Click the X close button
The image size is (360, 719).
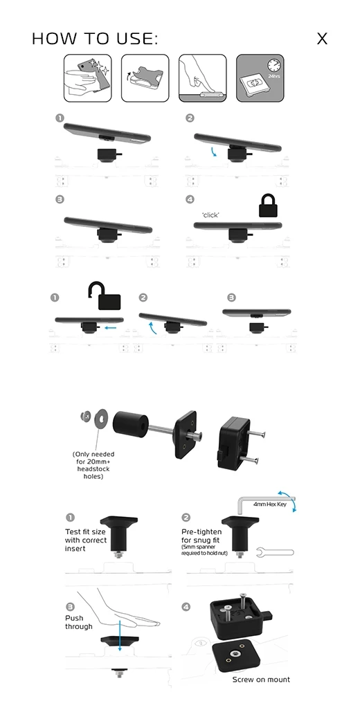[322, 39]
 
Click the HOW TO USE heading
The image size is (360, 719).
[95, 39]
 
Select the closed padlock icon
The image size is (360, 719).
[269, 206]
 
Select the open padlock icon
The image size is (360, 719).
[105, 296]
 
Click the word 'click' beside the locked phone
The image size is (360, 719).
[210, 215]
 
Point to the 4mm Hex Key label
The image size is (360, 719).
[270, 504]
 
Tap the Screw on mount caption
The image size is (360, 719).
[261, 680]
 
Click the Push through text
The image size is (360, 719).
[79, 622]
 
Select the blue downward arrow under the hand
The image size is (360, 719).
[120, 635]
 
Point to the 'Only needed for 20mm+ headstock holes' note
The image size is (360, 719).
[93, 465]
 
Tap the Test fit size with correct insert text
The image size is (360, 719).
[85, 540]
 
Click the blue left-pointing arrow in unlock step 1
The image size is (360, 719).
[110, 328]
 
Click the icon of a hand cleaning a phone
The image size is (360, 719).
[88, 78]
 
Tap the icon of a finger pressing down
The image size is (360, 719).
[202, 78]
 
